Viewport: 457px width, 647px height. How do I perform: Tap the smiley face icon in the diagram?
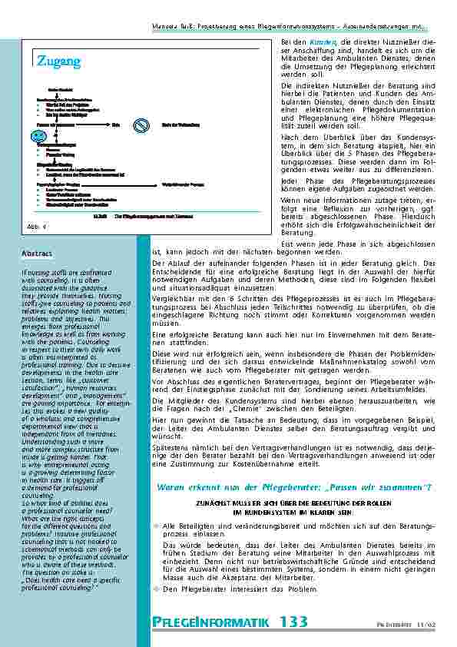tap(38, 135)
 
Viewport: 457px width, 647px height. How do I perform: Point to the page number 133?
tap(293, 622)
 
